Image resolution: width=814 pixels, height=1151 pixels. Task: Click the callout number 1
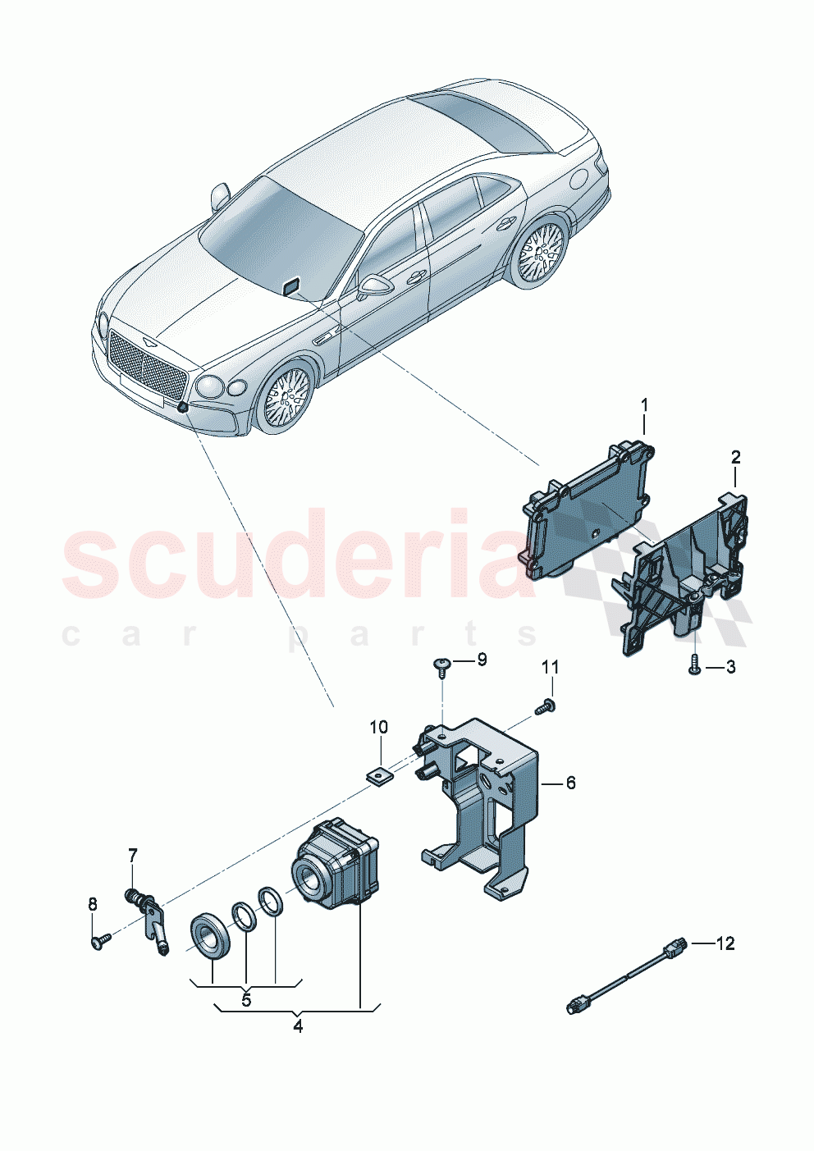pyautogui.click(x=644, y=404)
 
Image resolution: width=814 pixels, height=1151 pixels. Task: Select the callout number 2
pyautogui.click(x=735, y=457)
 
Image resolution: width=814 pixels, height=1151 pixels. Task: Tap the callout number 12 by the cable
pyautogui.click(x=725, y=943)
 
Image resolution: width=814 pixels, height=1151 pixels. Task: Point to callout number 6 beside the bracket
pyautogui.click(x=570, y=783)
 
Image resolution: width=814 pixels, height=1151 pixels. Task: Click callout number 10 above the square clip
pyautogui.click(x=378, y=727)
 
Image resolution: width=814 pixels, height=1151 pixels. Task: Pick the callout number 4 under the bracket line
pyautogui.click(x=298, y=1026)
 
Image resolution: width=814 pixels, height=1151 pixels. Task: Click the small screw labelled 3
pyautogui.click(x=694, y=665)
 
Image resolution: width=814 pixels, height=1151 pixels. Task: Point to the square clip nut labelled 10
pyautogui.click(x=378, y=772)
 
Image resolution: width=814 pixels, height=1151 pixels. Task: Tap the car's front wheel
pyautogui.click(x=286, y=398)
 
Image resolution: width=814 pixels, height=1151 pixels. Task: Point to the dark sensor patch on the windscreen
pyautogui.click(x=291, y=285)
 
